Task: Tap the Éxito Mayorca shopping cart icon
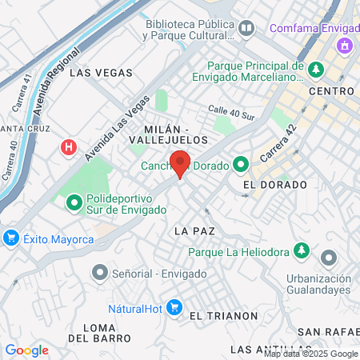pos(11,237)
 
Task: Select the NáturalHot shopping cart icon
pos(176,308)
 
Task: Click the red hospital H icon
pos(70,147)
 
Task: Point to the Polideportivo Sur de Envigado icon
pos(74,203)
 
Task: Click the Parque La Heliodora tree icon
pos(302,251)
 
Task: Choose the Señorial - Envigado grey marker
pos(100,274)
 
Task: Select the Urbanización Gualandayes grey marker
pos(328,258)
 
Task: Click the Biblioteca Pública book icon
pos(246,29)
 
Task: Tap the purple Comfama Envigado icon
pos(346,45)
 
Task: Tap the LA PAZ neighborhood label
pos(194,230)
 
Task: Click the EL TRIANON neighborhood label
pos(224,316)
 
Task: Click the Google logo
pos(26,350)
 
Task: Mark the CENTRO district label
pos(330,91)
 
